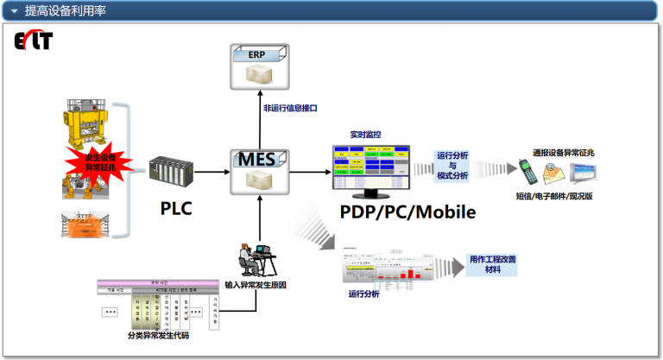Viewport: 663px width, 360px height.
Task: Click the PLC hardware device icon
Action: (169, 171)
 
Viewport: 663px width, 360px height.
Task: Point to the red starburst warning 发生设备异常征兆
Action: (97, 161)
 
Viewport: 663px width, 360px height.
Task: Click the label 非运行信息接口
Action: (291, 109)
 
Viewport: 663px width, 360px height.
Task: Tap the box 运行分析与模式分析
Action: (452, 165)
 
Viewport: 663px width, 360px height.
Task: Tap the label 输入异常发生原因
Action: (261, 284)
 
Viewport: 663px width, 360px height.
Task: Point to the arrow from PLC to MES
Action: (211, 172)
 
